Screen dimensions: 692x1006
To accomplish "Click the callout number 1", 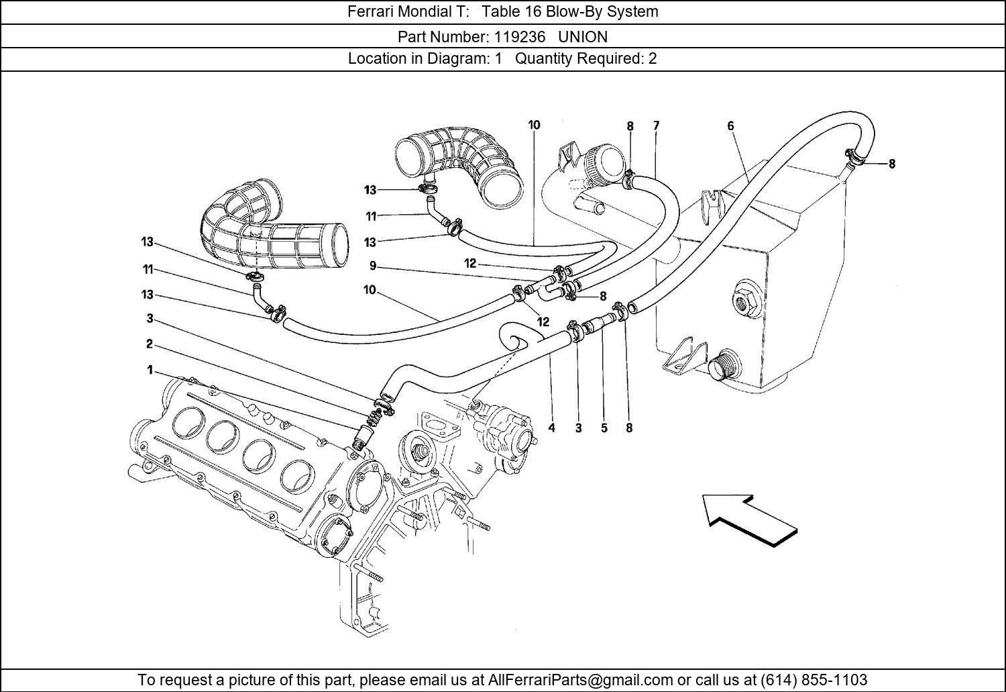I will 150,370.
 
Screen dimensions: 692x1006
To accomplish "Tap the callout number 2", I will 149,344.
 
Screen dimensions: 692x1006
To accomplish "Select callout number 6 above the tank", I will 730,126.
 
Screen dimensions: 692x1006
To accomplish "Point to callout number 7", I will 656,125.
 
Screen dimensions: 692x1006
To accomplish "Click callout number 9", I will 373,266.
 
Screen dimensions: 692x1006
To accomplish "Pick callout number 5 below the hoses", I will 604,428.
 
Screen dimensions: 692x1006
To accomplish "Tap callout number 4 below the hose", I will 551,428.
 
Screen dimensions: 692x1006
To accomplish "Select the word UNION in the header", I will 583,36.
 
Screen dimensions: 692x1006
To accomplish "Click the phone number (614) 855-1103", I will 814,679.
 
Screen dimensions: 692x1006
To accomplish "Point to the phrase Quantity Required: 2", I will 585,58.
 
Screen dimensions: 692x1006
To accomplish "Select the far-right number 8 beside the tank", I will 891,163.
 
